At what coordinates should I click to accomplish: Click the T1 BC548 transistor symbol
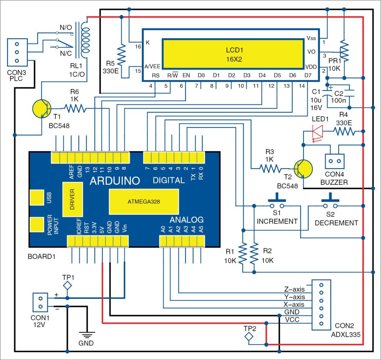[42, 109]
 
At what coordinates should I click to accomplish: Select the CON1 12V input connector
[40, 302]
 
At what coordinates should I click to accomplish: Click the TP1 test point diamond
[67, 285]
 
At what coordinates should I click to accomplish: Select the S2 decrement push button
[330, 204]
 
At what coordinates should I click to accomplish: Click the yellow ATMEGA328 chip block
[144, 201]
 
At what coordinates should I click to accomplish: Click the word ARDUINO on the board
[114, 181]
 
